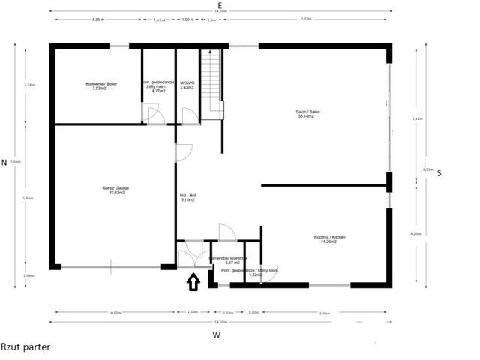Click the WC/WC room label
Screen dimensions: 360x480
point(187,83)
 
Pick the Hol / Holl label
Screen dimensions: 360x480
point(187,195)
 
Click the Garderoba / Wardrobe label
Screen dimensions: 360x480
point(232,257)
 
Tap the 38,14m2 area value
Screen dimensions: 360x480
point(306,117)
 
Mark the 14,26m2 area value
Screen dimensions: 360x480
point(327,241)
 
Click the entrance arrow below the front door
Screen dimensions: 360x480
point(193,282)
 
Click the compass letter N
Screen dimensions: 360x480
point(4,162)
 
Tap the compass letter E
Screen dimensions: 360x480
point(220,4)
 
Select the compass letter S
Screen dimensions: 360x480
point(439,172)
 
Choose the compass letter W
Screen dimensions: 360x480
point(216,334)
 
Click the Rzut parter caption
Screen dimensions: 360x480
point(26,347)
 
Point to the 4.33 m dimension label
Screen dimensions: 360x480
point(97,19)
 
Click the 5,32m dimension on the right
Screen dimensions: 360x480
point(418,119)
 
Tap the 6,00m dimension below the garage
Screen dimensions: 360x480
point(115,312)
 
